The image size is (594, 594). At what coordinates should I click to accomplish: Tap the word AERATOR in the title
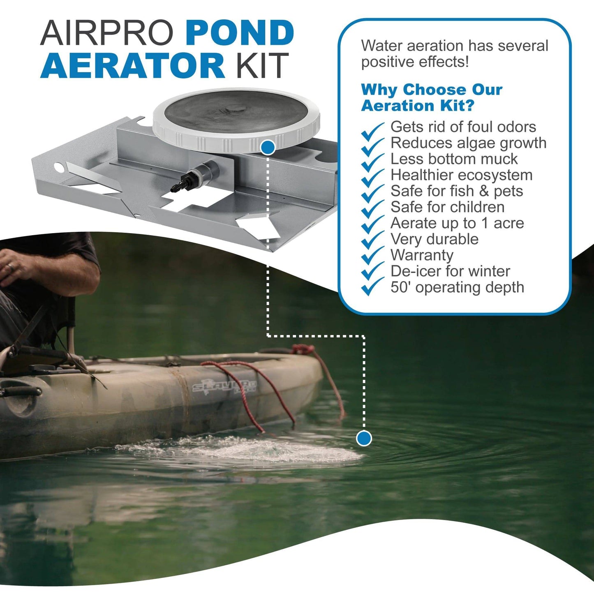pos(132,66)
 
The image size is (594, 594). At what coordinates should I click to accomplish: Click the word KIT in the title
pos(261,66)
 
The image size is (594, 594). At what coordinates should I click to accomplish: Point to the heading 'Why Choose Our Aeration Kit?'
pos(432,97)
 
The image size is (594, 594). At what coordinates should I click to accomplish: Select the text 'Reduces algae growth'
pos(468,143)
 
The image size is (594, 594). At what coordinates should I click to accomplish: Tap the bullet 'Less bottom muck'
pos(454,159)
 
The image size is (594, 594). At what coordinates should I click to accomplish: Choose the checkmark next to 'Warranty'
pos(372,259)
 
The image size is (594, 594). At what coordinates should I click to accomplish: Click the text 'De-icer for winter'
pos(450,271)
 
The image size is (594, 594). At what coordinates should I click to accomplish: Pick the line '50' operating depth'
pos(457,287)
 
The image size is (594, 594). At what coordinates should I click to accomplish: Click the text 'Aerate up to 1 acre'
pos(457,223)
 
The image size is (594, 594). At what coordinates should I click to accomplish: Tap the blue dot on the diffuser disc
pos(268,147)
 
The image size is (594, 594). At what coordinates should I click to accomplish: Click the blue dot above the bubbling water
pos(364,438)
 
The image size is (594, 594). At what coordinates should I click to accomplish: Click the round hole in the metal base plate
pos(59,167)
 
